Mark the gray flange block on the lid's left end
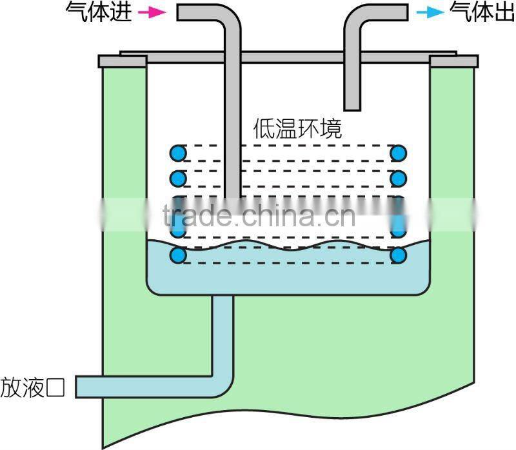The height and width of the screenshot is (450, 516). (x=123, y=61)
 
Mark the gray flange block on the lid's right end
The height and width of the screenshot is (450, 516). (x=453, y=61)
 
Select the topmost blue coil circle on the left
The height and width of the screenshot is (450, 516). (x=178, y=153)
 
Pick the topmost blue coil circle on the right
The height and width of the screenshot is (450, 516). (x=399, y=153)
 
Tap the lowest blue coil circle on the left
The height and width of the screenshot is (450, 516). (x=178, y=255)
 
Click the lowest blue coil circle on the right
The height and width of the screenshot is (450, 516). (x=399, y=255)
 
